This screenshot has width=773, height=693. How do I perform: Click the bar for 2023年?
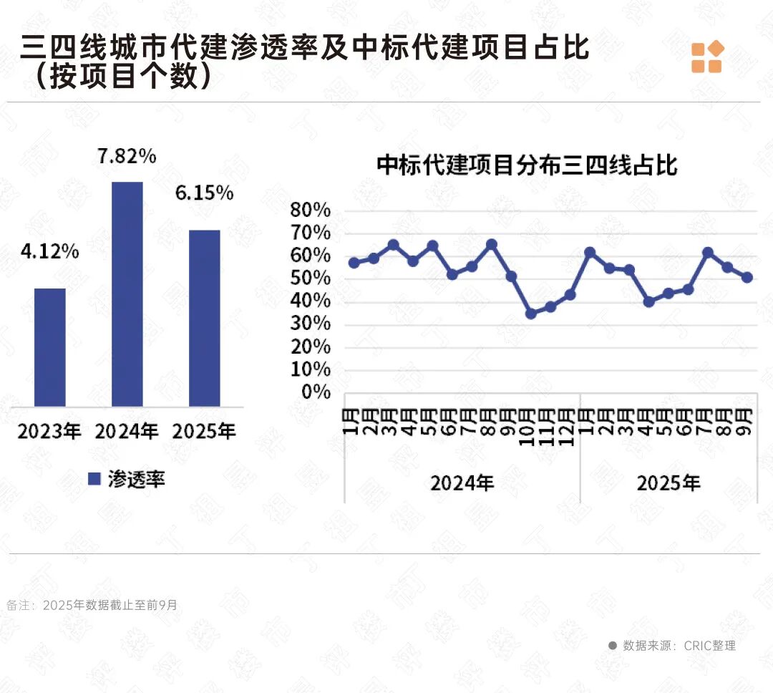tap(50, 347)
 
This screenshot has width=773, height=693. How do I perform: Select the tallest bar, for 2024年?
tap(127, 294)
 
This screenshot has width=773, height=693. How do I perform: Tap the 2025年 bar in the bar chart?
tap(204, 318)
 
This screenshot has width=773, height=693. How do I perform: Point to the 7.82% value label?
tap(127, 157)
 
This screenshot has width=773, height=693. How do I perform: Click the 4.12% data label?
tap(50, 251)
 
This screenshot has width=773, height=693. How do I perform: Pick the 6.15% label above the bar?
tap(205, 193)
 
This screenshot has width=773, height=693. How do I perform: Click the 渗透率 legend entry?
tap(127, 479)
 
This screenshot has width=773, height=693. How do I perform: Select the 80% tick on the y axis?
tap(310, 210)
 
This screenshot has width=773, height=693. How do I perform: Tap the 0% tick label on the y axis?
tap(316, 392)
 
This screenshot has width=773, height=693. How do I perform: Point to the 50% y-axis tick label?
tap(310, 278)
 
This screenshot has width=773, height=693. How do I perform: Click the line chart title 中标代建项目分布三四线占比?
tap(527, 166)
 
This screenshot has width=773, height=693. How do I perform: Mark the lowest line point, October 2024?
tap(530, 314)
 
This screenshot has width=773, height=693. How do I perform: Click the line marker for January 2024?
tap(354, 263)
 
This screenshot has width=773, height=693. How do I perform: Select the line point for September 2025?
tap(747, 277)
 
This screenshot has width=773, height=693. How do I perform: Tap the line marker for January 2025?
tap(590, 253)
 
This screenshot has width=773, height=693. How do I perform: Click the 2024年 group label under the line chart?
tap(462, 483)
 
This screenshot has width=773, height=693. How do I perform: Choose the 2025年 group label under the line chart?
tap(669, 483)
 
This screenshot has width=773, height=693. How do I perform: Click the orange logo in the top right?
tap(707, 57)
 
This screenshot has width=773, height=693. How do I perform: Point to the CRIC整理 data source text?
tap(679, 645)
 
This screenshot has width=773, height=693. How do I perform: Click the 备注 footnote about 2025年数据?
tap(92, 605)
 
